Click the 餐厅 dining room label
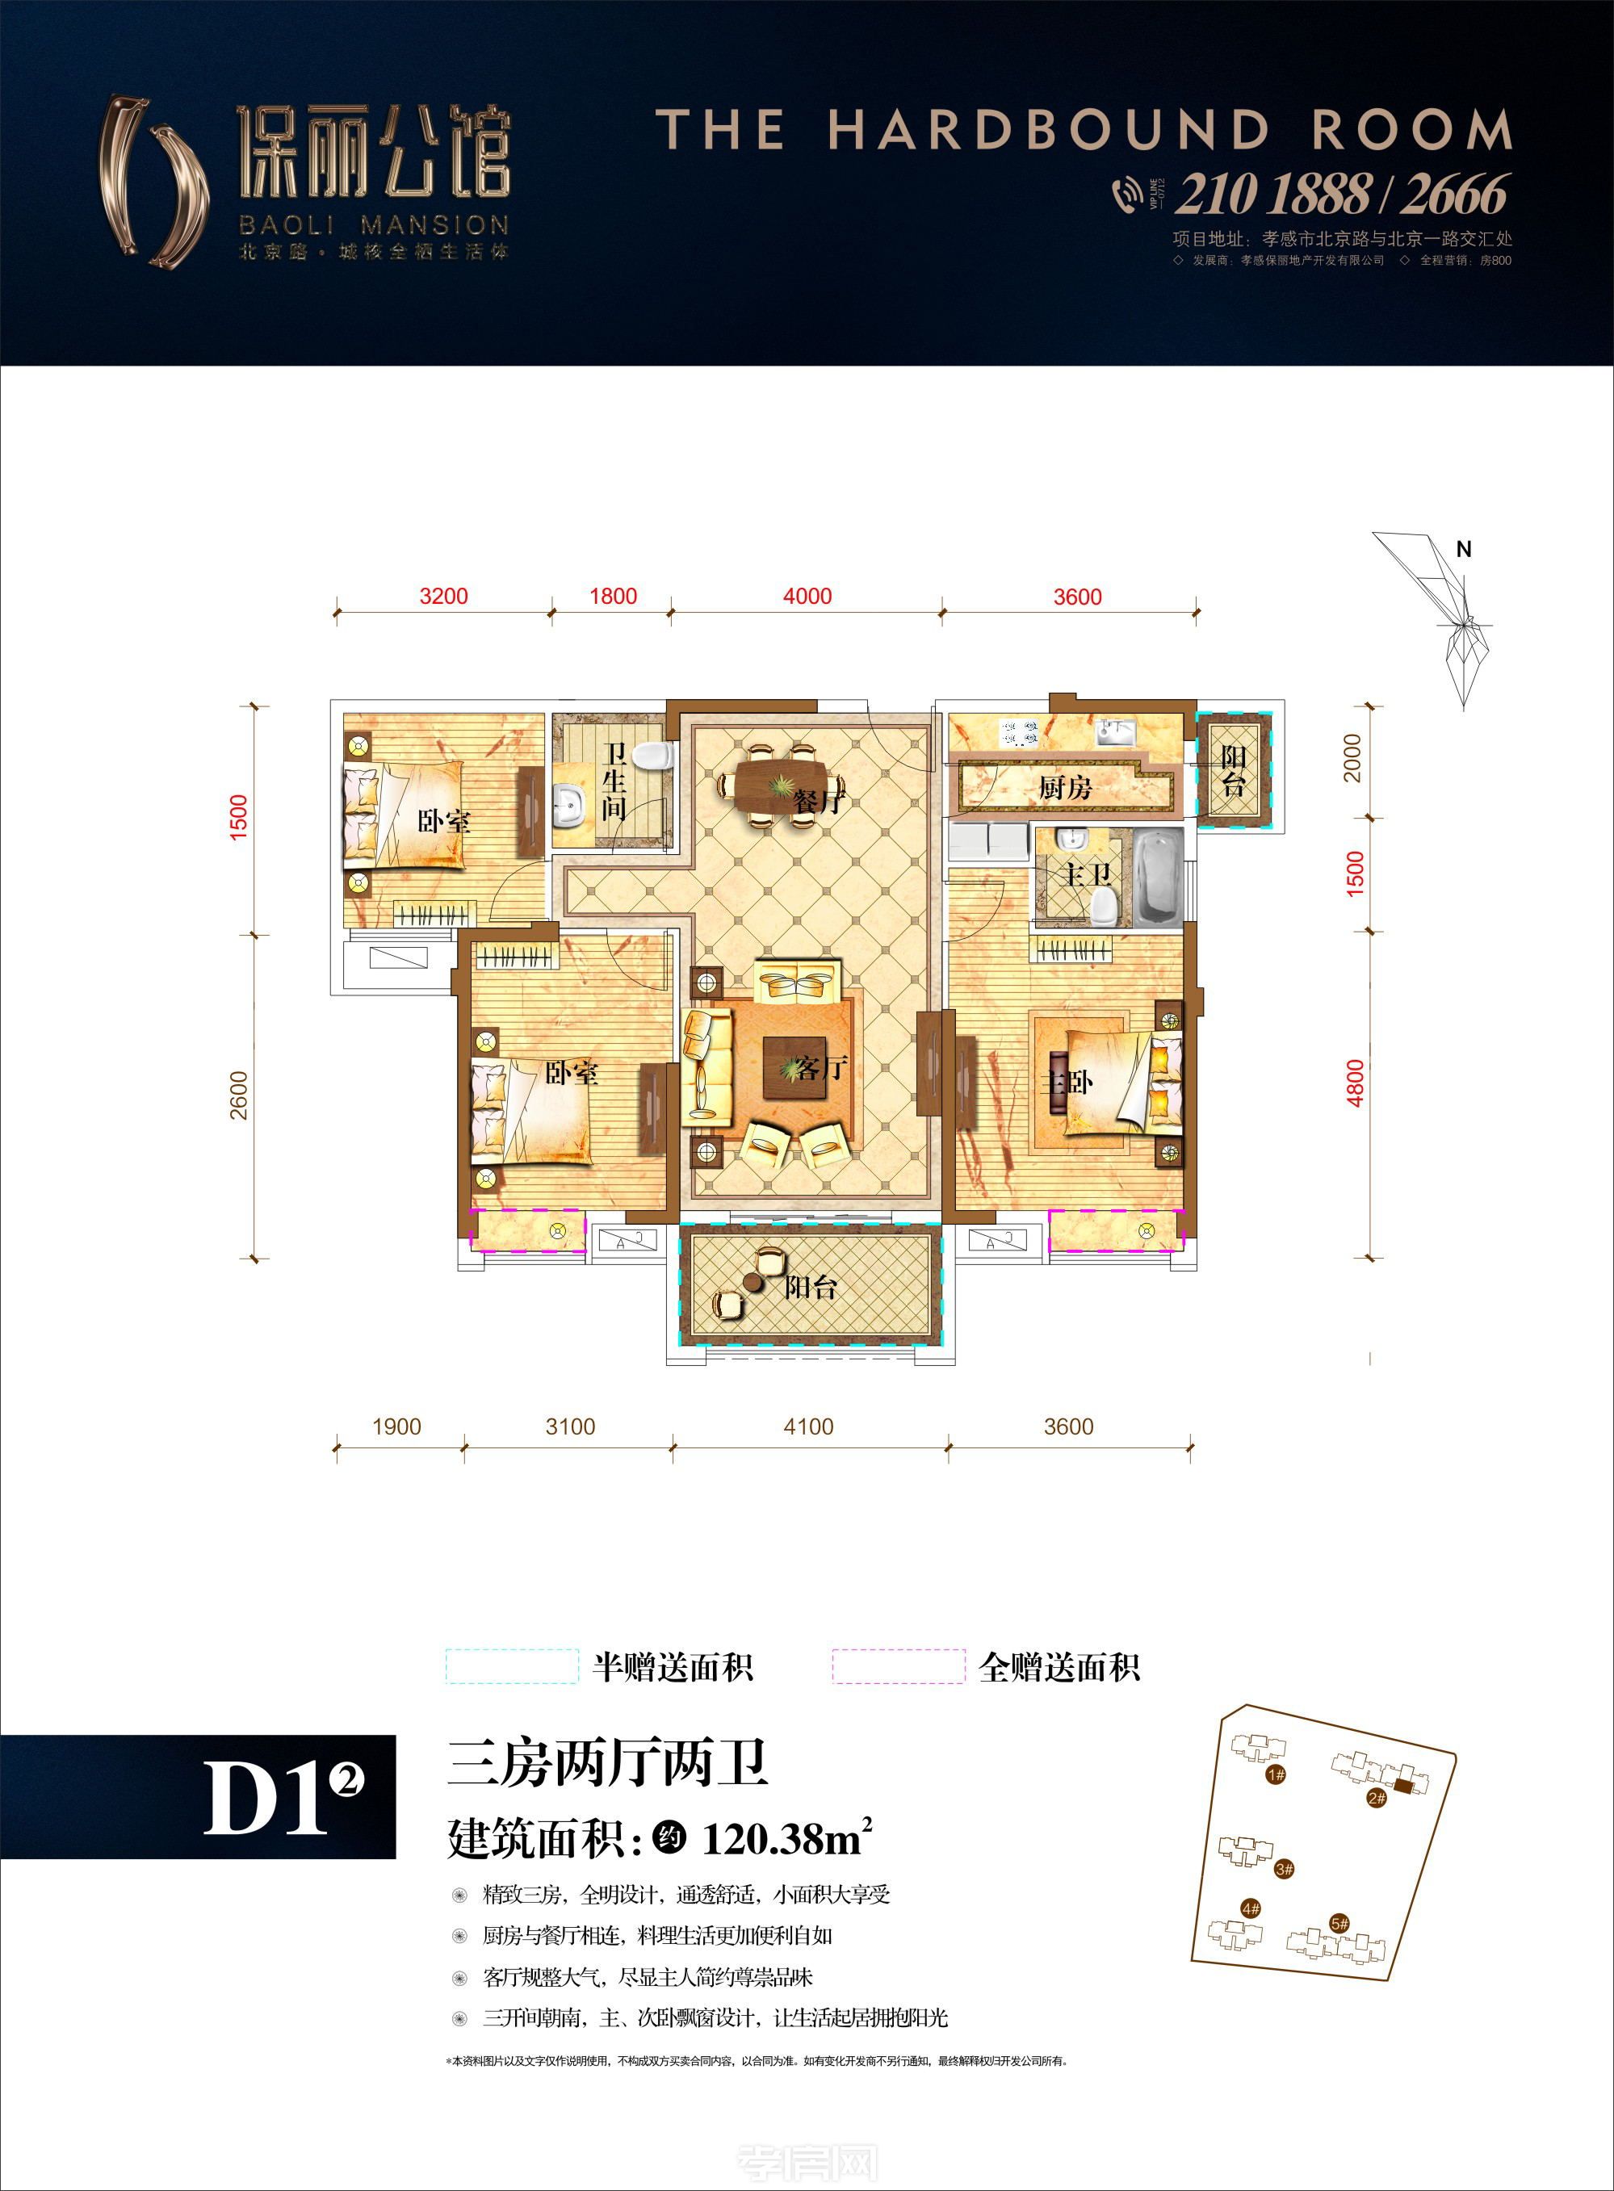pyautogui.click(x=817, y=802)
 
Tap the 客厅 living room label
pyautogui.click(x=820, y=1068)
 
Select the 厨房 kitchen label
pyautogui.click(x=1064, y=787)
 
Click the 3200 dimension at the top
pyautogui.click(x=443, y=596)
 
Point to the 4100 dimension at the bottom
pyautogui.click(x=808, y=1426)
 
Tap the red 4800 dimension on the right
pyautogui.click(x=1354, y=1083)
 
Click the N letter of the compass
pyautogui.click(x=1462, y=550)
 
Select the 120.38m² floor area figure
pyautogui.click(x=786, y=1839)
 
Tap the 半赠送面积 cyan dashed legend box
pyautogui.click(x=512, y=1666)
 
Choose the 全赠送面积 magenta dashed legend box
pyautogui.click(x=898, y=1666)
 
